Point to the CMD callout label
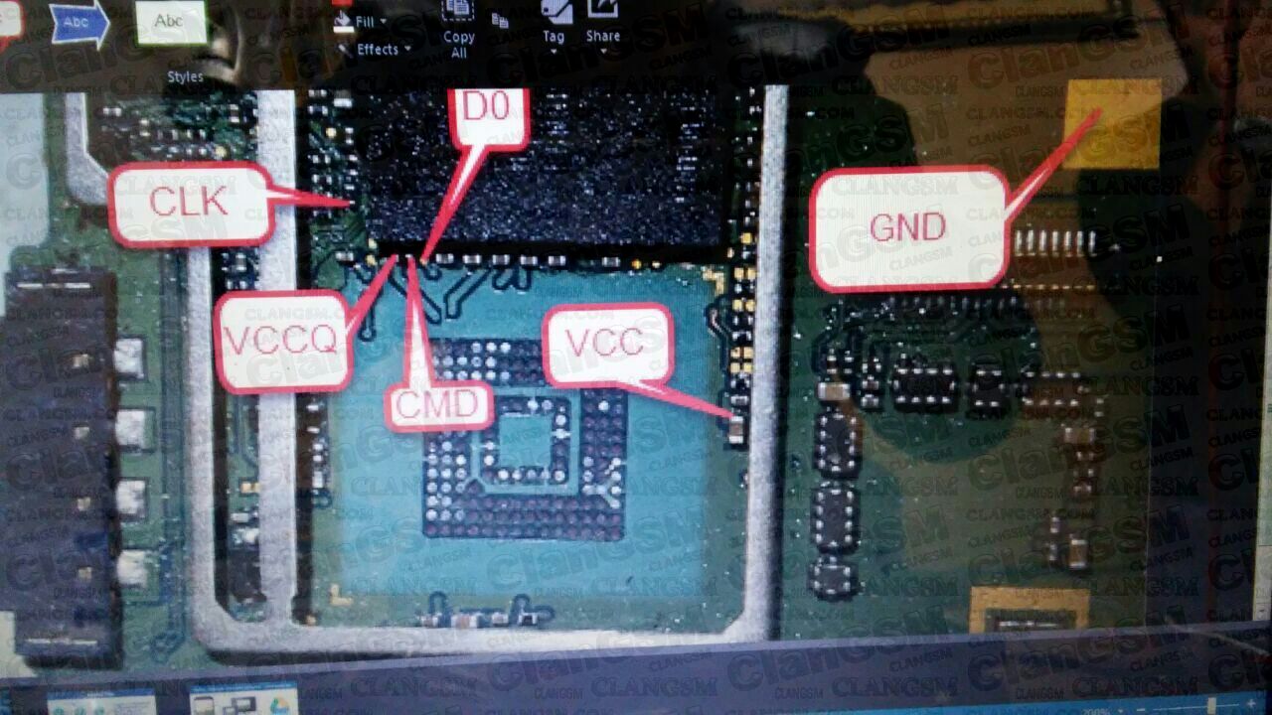point(439,405)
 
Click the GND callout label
point(908,228)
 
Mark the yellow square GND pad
point(1114,124)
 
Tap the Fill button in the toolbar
point(364,21)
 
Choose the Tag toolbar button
point(555,25)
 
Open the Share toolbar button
point(603,24)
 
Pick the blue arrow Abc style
point(79,23)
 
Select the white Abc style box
point(170,21)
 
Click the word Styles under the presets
point(185,76)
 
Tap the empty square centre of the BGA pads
point(524,440)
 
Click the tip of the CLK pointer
point(349,204)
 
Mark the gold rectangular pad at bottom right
point(1029,609)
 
